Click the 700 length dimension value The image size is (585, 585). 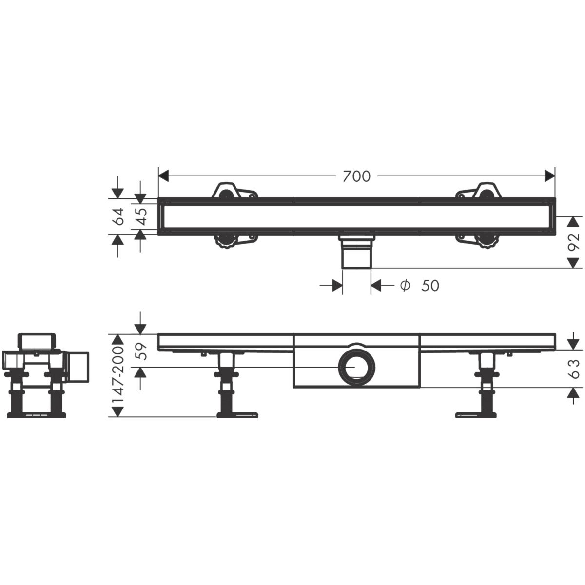pyautogui.click(x=356, y=176)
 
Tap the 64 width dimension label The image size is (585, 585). pyautogui.click(x=118, y=216)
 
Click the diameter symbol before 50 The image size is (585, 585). pyautogui.click(x=405, y=285)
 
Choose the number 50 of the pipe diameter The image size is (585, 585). pyautogui.click(x=430, y=286)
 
